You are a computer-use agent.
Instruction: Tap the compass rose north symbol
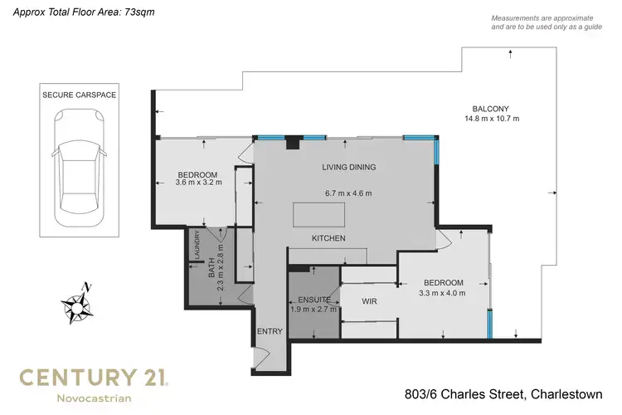78,303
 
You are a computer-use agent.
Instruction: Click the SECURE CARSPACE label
79,95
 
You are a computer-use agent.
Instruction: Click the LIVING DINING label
349,167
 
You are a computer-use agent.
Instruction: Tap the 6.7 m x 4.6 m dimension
347,193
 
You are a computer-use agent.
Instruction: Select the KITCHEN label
328,239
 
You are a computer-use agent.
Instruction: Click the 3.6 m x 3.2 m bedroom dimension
199,183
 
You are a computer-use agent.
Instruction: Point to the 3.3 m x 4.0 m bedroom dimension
443,292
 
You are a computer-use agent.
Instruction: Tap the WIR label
370,301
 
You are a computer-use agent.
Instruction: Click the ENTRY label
270,331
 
